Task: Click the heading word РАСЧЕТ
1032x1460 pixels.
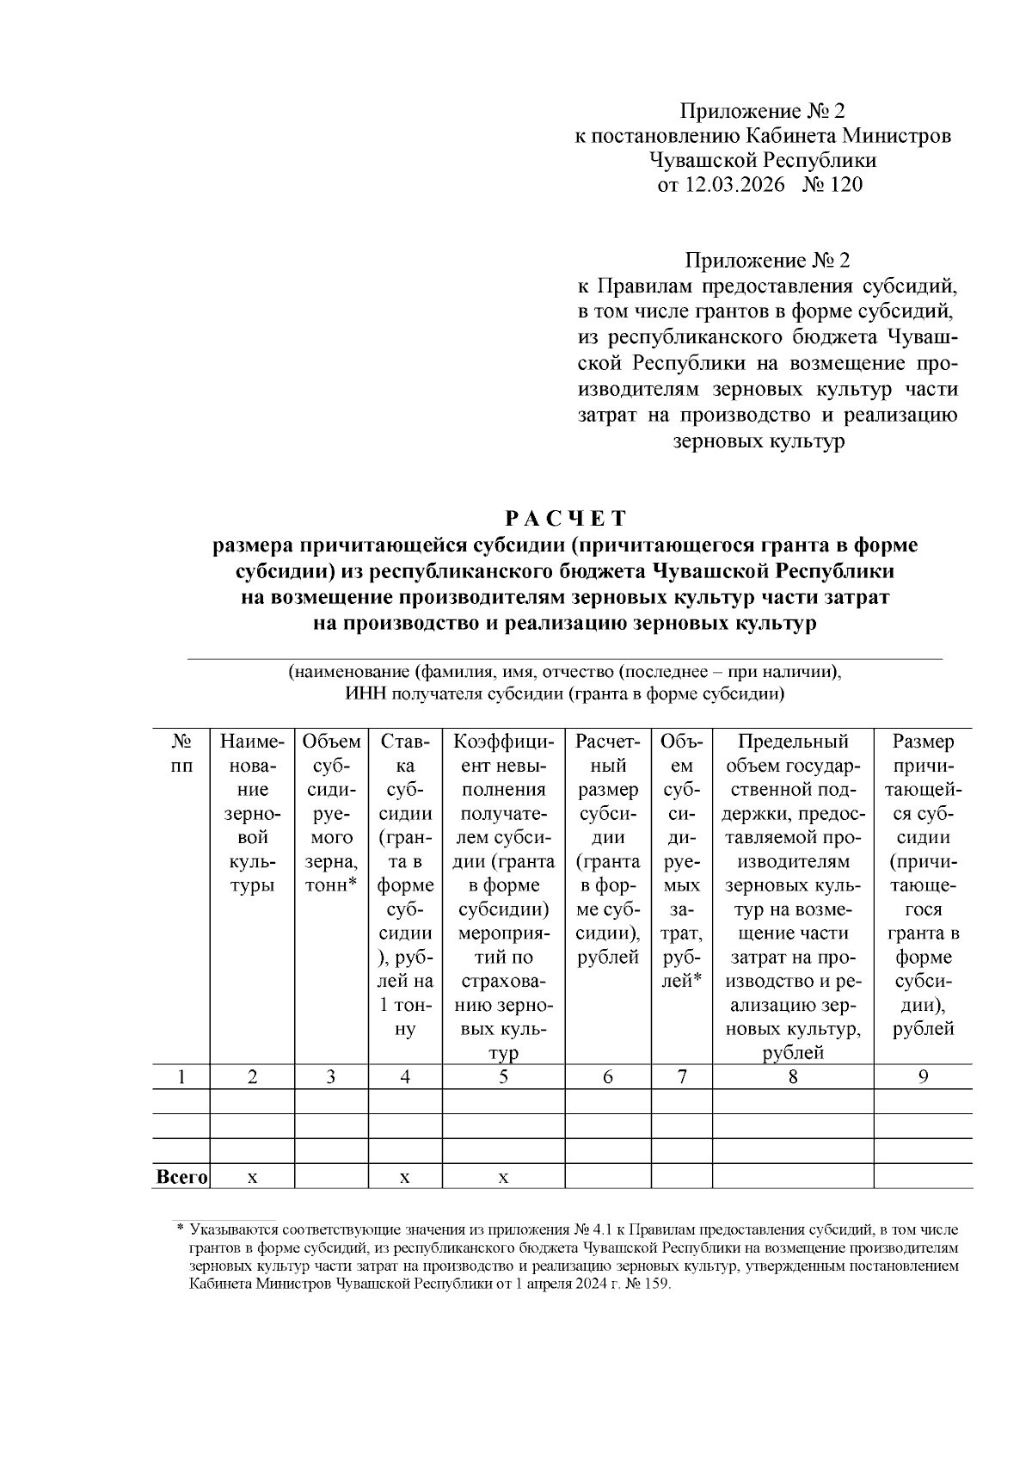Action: [x=565, y=519]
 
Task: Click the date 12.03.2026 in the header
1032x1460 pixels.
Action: [x=736, y=184]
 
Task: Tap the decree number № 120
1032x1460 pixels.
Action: [x=832, y=184]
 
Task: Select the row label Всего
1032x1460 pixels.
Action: [x=181, y=1176]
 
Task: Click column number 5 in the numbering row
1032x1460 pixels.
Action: [x=503, y=1076]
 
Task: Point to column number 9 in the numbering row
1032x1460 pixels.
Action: [x=923, y=1076]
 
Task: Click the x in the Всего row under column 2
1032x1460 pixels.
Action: [x=252, y=1177]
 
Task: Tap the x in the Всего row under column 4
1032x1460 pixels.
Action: [x=404, y=1177]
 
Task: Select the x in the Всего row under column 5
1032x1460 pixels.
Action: [x=503, y=1177]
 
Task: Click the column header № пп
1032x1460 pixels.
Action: [x=181, y=753]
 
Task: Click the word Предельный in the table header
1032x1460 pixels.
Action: [x=793, y=742]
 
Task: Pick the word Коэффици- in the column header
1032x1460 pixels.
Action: [x=503, y=742]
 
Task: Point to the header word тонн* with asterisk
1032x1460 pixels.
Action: [x=330, y=885]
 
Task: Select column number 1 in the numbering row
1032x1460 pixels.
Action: [x=181, y=1076]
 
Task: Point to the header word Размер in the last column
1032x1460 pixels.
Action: [x=923, y=742]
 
